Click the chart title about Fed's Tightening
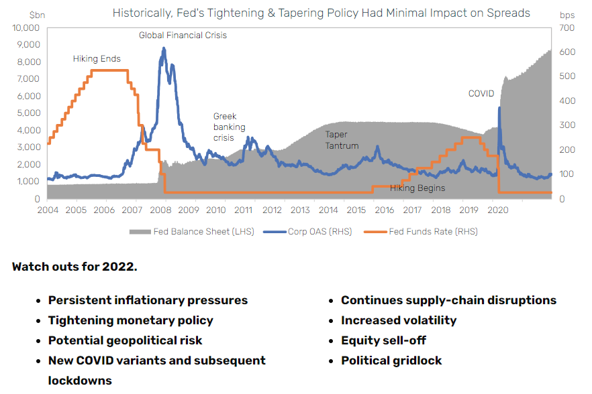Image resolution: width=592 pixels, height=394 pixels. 321,13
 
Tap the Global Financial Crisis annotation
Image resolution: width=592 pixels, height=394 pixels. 183,35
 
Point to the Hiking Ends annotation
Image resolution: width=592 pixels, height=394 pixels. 97,59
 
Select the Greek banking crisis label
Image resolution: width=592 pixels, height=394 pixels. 229,127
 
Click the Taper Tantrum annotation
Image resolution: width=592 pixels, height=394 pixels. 342,140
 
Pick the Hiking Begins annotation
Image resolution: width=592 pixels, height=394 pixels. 417,188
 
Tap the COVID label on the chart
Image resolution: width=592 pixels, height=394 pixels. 481,94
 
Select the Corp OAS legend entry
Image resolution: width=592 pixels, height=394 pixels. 309,232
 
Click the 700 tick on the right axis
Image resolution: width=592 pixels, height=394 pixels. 566,27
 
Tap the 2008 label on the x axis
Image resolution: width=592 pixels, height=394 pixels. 160,210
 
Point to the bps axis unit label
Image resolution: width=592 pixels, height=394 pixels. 567,13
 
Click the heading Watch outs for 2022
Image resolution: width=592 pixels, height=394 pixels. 75,267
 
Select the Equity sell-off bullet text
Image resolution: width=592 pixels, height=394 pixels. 383,340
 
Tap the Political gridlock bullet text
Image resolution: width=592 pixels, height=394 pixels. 391,360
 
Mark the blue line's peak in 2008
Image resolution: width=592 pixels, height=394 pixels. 163,48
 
